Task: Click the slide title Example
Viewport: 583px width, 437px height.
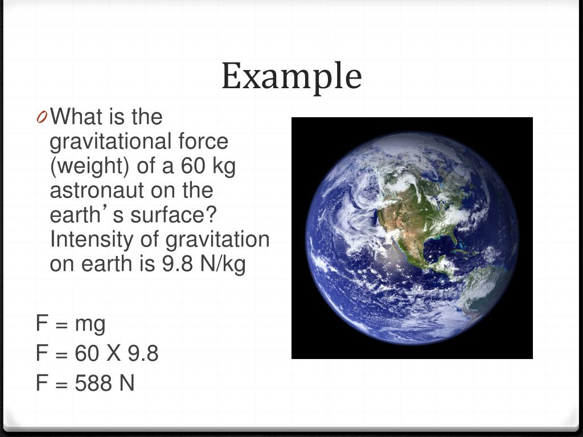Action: tap(291, 76)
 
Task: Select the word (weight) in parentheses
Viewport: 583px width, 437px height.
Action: tap(86, 166)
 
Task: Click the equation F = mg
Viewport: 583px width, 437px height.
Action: tap(71, 324)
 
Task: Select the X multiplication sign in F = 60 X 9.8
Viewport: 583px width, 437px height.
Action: tap(113, 354)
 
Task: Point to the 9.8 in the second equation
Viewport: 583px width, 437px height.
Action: tap(143, 354)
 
